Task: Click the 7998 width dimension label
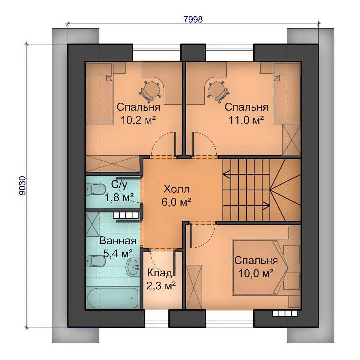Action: [x=193, y=20]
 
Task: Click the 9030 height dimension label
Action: [x=23, y=186]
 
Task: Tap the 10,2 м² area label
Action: [x=138, y=120]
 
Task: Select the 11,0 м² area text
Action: [x=246, y=120]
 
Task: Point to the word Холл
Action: [x=177, y=189]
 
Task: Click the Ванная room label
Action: [x=118, y=241]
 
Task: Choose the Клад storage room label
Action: [x=160, y=273]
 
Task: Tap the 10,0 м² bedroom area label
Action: [x=256, y=273]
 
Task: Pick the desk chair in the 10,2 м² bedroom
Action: [x=149, y=91]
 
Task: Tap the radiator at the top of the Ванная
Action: [x=126, y=215]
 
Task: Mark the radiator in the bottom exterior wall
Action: [x=285, y=313]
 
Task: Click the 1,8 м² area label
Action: [x=119, y=197]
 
